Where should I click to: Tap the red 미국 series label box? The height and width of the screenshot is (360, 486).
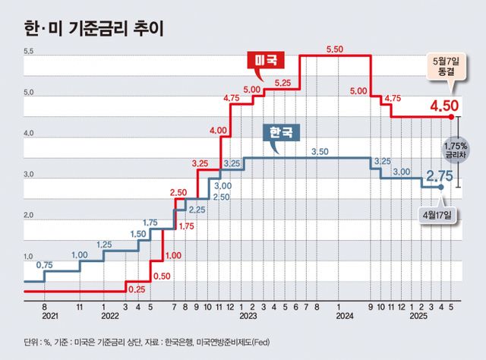[265, 60]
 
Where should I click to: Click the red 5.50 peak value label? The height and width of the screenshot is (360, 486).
[335, 49]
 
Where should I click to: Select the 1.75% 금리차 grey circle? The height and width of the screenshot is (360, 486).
[457, 149]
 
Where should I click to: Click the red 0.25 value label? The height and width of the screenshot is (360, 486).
[137, 289]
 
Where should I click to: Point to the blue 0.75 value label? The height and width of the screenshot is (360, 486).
[45, 265]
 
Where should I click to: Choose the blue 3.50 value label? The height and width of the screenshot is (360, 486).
[319, 152]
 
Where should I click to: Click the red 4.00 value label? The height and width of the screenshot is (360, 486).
[217, 131]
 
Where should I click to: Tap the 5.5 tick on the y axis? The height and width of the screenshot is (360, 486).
[30, 51]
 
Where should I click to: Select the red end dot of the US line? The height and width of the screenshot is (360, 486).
[452, 117]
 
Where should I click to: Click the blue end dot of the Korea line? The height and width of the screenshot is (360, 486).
[440, 187]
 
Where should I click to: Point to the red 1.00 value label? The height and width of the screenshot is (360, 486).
[173, 255]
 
